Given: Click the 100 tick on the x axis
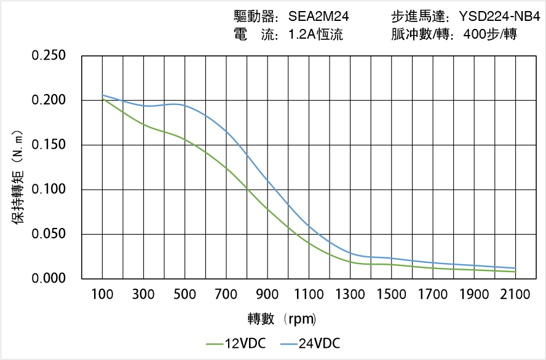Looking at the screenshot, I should (102, 294).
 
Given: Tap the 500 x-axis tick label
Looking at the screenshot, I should (185, 294).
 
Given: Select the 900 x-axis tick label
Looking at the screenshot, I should (267, 294).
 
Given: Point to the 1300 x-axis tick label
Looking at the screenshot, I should (350, 294).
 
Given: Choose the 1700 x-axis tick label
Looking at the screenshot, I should (433, 294).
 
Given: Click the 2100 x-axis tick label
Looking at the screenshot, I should (515, 294).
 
